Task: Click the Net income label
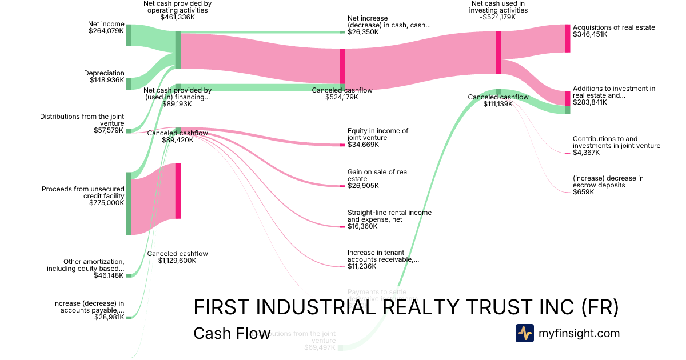point(106,24)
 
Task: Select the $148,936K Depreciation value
point(107,81)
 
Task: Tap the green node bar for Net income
point(129,35)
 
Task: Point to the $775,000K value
point(107,203)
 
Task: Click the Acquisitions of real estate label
point(613,27)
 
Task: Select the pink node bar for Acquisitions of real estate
point(568,38)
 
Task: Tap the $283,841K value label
point(590,103)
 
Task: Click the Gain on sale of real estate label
point(378,175)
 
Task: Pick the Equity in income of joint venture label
point(378,134)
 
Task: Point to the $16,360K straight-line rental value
point(363,226)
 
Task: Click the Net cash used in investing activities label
point(498,6)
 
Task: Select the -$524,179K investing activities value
point(498,17)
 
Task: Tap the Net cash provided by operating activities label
point(177,6)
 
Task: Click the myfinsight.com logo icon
point(524,333)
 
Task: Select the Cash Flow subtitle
point(232,333)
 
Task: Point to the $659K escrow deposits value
point(583,192)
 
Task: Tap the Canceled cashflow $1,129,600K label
point(177,257)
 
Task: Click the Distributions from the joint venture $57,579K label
point(82,123)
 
